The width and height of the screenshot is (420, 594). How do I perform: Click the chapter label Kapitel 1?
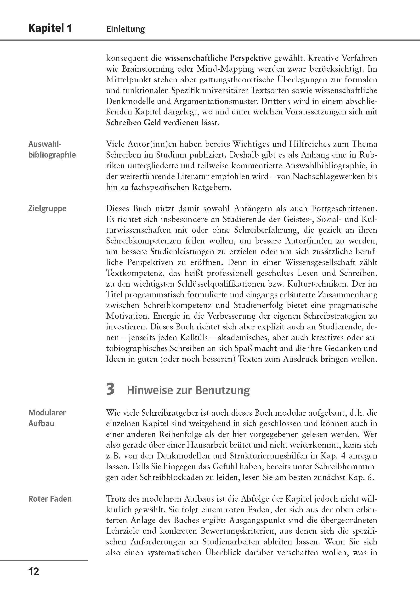coord(50,28)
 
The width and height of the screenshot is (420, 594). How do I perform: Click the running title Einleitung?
coord(125,29)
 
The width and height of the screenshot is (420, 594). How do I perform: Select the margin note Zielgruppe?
coord(47,209)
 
